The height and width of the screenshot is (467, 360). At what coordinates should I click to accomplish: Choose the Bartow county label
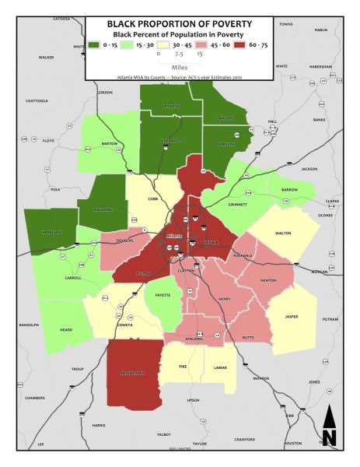click(110, 144)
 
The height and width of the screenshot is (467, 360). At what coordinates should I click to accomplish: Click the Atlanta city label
click(173, 238)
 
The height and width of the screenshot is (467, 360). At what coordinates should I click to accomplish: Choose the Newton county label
click(268, 281)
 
